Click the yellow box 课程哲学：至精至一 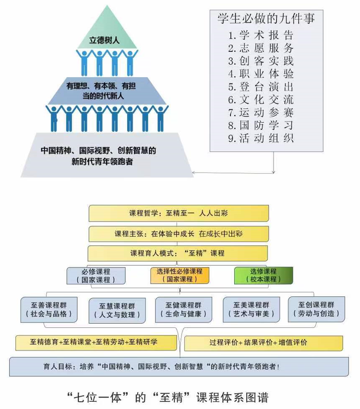178,213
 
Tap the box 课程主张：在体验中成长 178,234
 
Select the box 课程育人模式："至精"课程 178,253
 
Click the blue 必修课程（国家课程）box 96,276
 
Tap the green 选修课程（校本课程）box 264,275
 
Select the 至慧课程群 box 117,310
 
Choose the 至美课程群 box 251,309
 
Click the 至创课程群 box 316,309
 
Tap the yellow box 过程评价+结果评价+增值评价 263,342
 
